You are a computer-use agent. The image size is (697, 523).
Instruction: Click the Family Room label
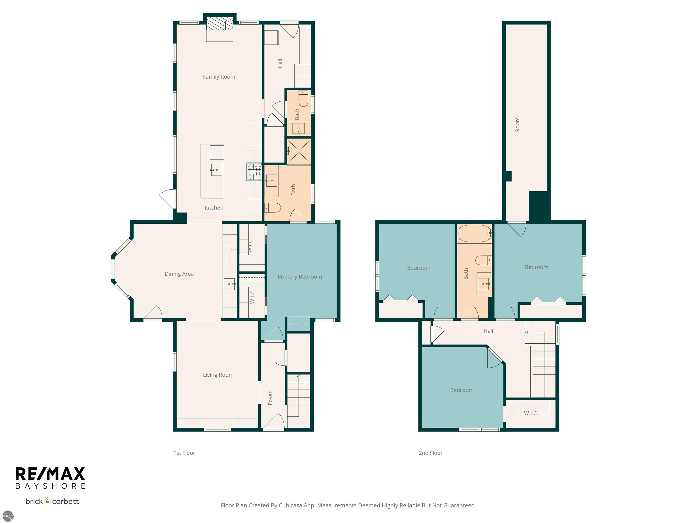click(x=219, y=76)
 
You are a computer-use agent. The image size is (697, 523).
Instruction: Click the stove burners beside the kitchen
click(x=254, y=172)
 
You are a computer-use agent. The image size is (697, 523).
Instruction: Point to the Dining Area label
click(x=179, y=274)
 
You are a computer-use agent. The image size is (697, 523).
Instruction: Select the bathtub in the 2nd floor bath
click(x=474, y=233)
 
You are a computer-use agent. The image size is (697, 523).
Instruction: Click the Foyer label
click(x=270, y=398)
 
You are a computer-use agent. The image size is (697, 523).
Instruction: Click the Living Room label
click(x=218, y=375)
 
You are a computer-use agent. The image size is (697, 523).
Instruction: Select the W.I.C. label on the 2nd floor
click(x=531, y=413)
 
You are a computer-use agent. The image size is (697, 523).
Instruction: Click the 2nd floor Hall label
click(x=488, y=331)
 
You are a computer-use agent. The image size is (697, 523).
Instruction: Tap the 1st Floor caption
click(x=184, y=453)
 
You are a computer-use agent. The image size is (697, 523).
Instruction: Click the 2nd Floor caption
click(x=430, y=453)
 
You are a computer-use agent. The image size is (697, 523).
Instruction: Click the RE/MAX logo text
click(x=50, y=474)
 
